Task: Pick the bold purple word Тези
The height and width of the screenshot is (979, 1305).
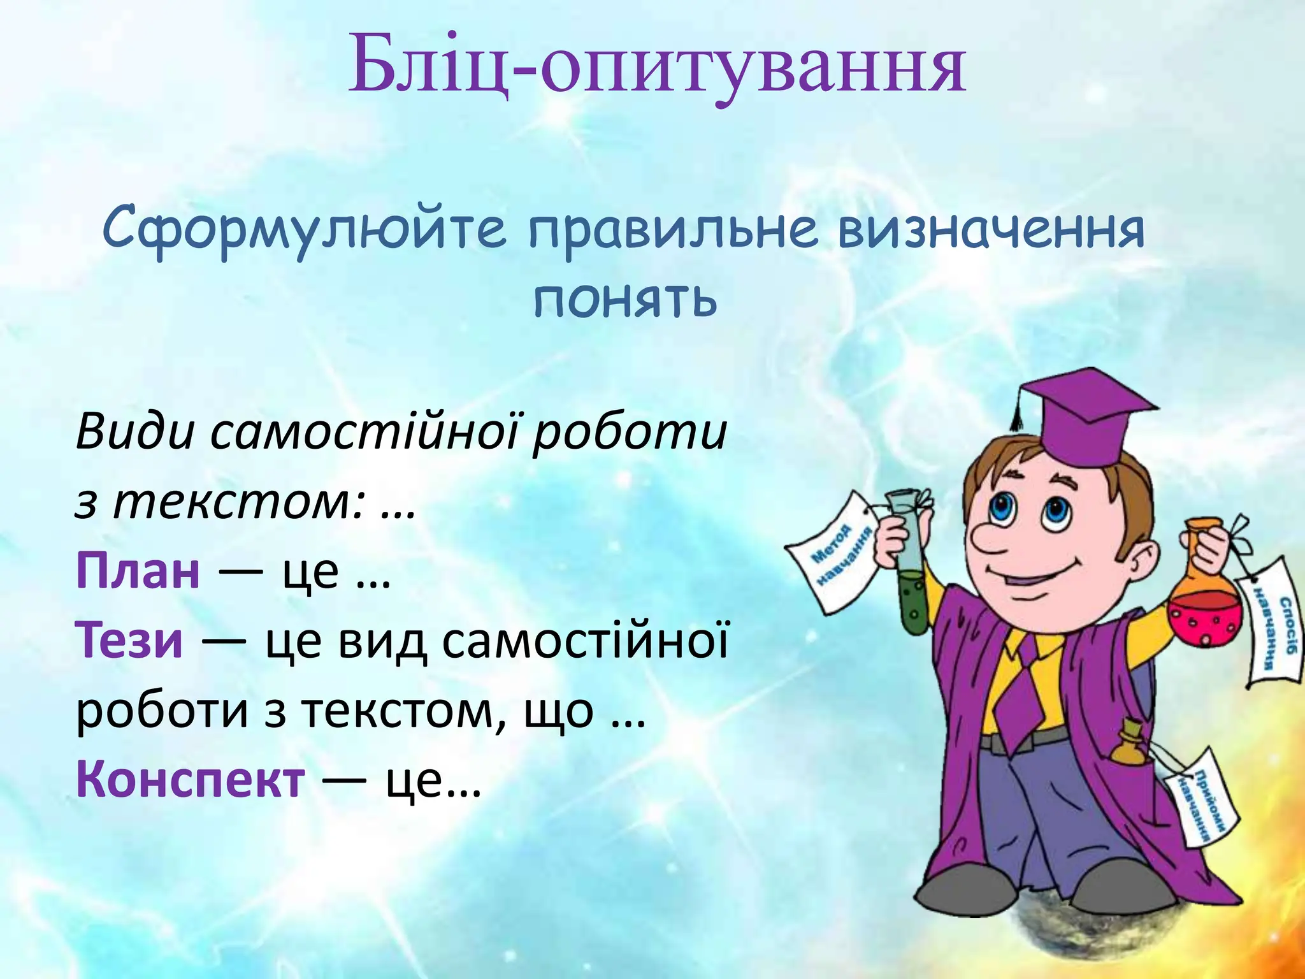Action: [130, 641]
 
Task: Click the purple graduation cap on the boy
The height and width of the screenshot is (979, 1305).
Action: [1083, 414]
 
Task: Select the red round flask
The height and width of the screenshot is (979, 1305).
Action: [1204, 615]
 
